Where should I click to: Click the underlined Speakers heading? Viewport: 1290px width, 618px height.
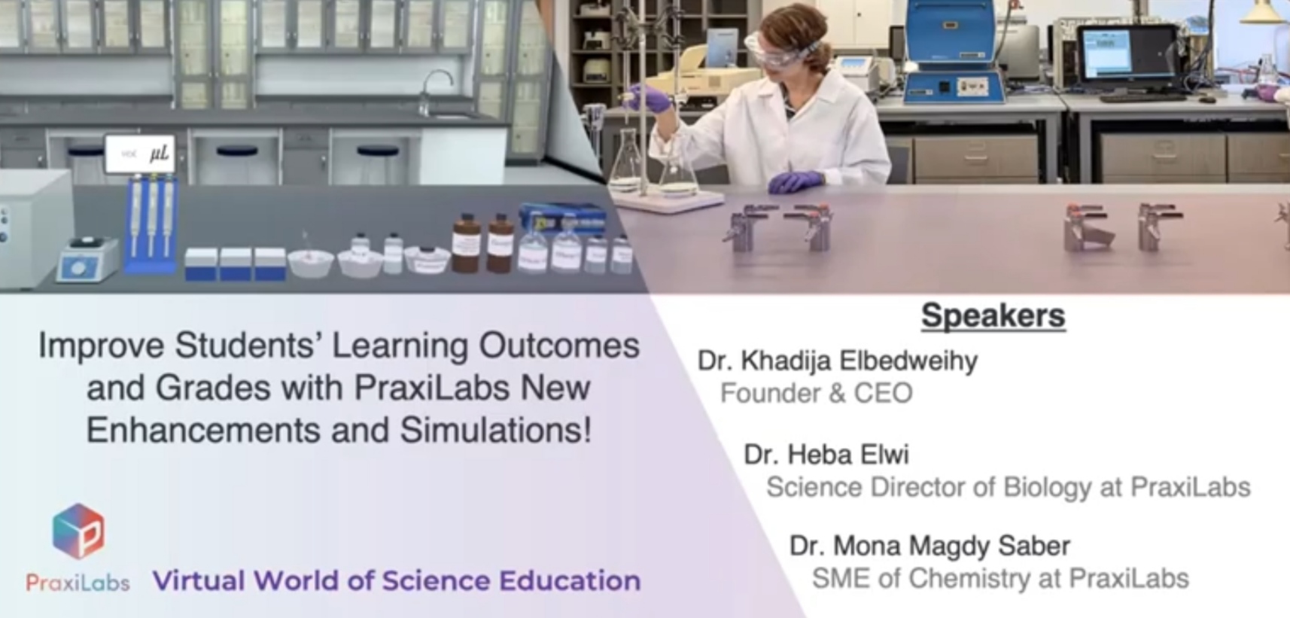(993, 315)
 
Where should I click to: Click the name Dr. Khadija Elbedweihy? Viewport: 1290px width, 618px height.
(837, 361)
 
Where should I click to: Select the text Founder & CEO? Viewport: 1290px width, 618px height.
(816, 393)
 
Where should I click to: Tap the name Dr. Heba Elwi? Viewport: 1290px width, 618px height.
(826, 455)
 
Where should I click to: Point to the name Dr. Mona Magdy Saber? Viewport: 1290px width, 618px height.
(929, 546)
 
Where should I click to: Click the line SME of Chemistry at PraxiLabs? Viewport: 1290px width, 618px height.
(999, 578)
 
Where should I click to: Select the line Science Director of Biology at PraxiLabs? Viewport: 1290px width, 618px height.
(1008, 487)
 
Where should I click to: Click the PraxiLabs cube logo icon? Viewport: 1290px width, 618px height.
(78, 531)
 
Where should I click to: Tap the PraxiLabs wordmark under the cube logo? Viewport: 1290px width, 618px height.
(78, 582)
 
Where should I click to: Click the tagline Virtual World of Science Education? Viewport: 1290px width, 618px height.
(397, 580)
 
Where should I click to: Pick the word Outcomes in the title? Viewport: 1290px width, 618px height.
(559, 346)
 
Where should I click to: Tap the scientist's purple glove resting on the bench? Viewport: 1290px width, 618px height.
(796, 181)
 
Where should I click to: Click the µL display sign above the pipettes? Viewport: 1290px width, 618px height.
(141, 154)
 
